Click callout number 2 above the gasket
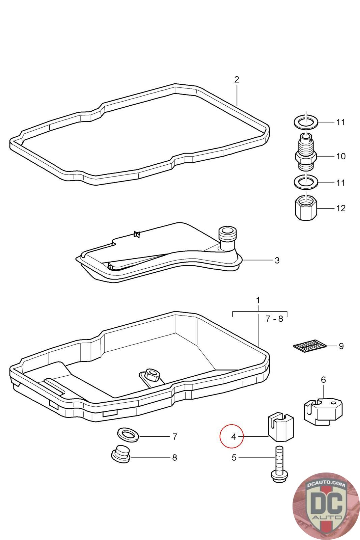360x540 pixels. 237,80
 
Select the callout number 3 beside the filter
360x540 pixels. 277,261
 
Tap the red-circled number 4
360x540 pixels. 233,437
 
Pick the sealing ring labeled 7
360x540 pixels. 128,435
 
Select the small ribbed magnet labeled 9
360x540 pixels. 309,346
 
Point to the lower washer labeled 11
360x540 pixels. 306,183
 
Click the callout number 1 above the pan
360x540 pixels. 258,300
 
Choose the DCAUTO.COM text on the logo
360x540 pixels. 326,485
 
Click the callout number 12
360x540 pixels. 341,208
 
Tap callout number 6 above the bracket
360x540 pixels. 323,380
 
